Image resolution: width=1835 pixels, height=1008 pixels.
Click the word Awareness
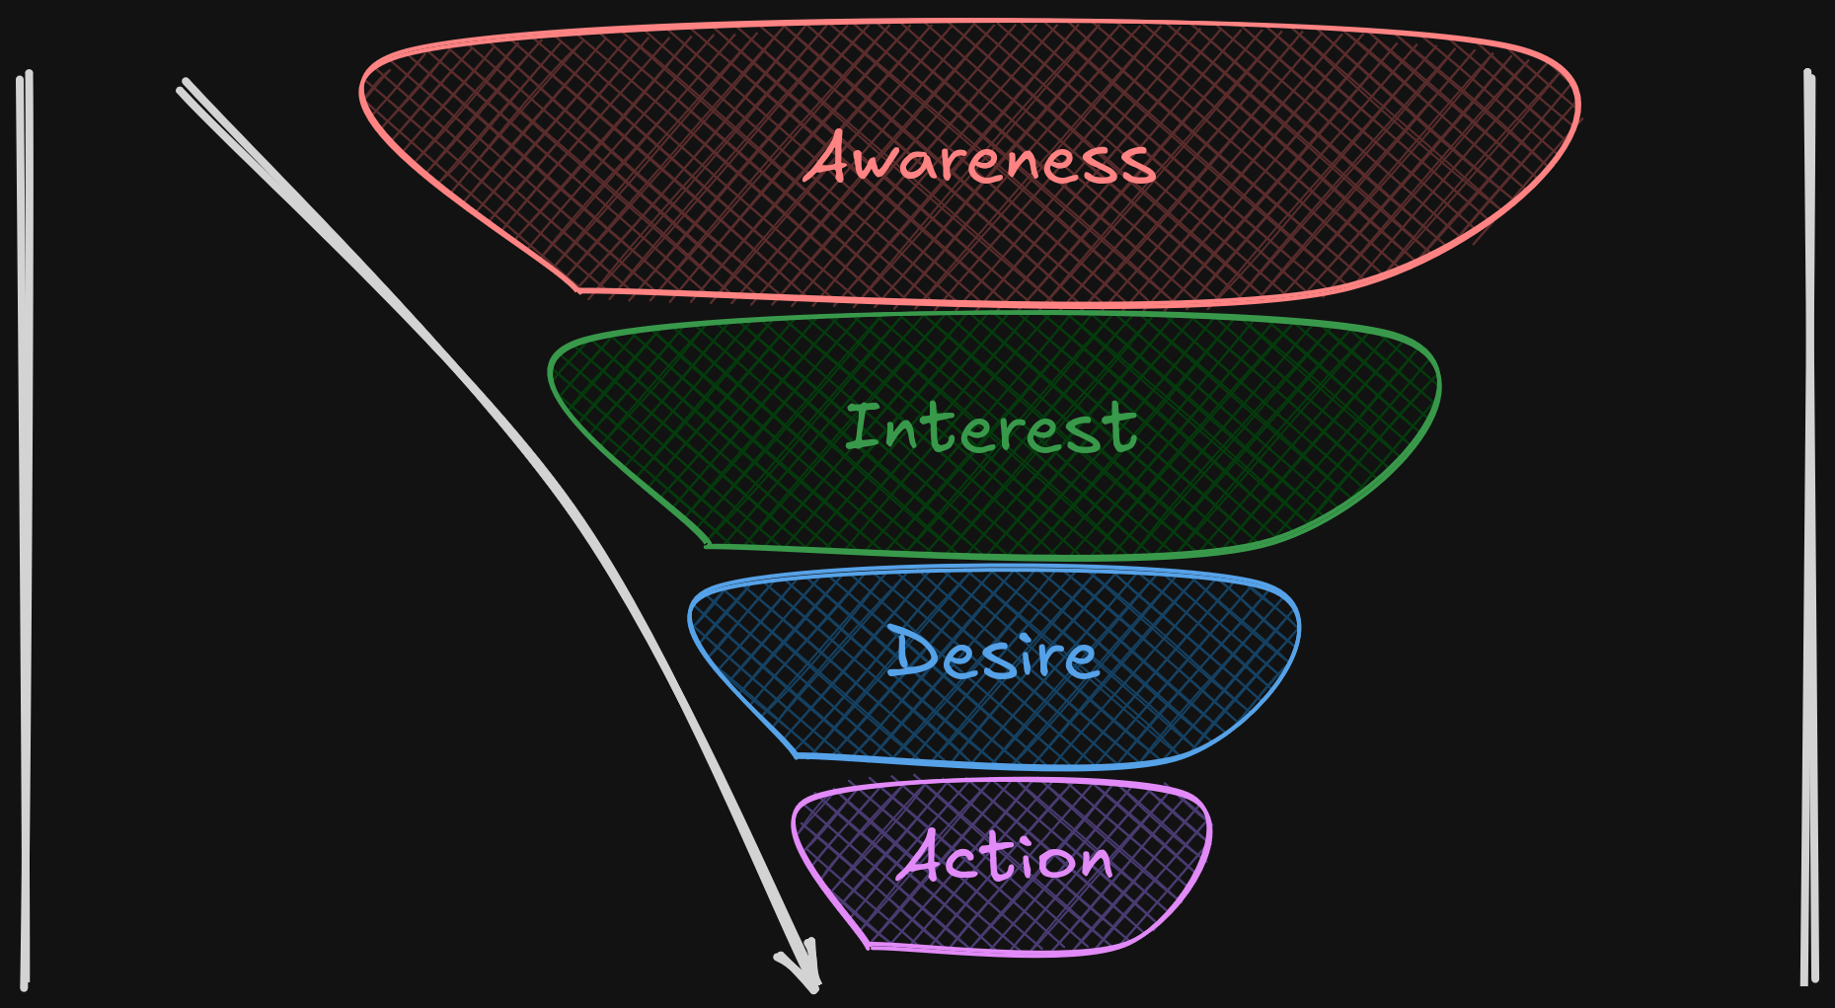[x=980, y=160]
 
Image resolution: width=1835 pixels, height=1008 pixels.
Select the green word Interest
[x=991, y=429]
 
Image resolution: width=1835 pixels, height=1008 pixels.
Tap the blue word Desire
[x=993, y=654]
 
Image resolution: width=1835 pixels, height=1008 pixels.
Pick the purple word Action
[x=1005, y=857]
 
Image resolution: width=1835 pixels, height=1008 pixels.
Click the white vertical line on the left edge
[x=25, y=523]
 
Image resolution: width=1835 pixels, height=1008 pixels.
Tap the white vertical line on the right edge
[x=1809, y=523]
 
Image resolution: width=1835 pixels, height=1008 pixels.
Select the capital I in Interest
[x=863, y=426]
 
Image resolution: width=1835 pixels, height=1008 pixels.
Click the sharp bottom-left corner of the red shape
[x=577, y=290]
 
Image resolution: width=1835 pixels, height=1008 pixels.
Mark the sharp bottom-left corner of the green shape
[x=707, y=545]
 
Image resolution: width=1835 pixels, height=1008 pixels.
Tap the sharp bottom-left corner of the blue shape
[x=796, y=756]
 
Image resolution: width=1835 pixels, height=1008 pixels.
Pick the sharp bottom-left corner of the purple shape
[x=869, y=946]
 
